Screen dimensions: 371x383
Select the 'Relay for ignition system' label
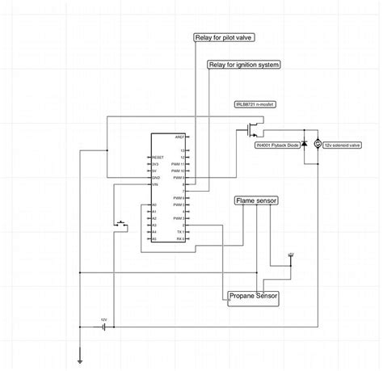243,64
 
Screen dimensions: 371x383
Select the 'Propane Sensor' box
254,297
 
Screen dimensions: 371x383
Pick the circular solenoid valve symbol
318,143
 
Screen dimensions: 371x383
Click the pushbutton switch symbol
122,222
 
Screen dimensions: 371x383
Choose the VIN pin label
154,185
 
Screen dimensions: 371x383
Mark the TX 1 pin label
182,232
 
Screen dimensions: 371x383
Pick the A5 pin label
153,239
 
